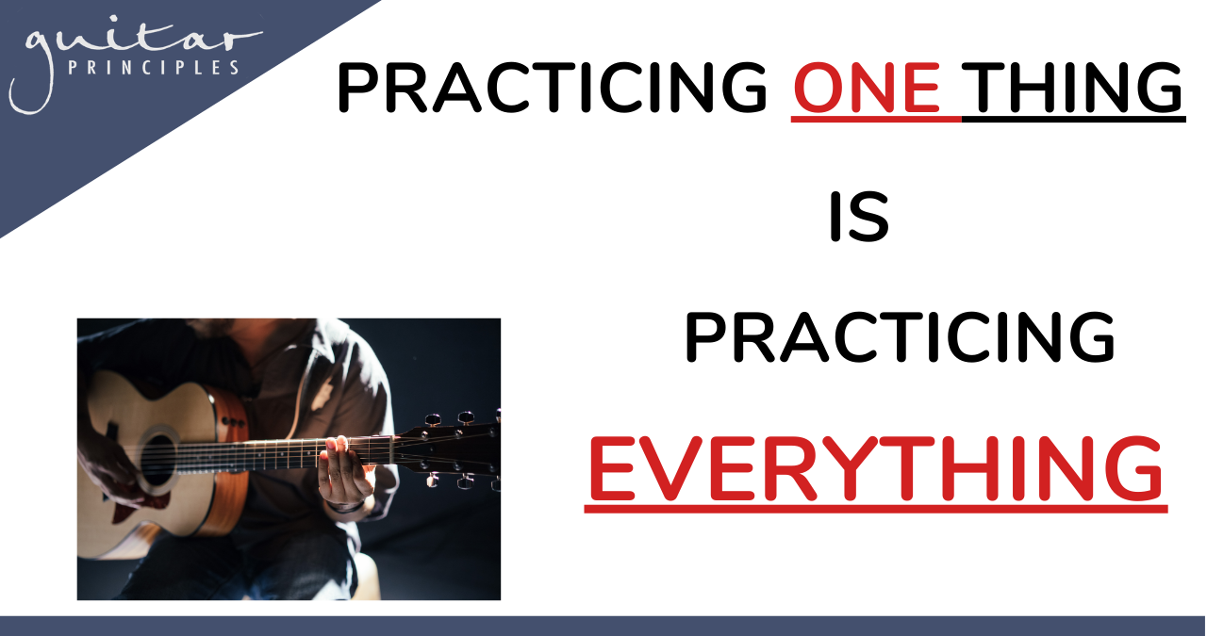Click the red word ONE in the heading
pos(867,88)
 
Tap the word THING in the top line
pos(1072,88)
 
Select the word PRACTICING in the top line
pos(553,88)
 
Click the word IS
pos(859,217)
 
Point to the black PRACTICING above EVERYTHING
pos(900,337)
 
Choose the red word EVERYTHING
pos(876,468)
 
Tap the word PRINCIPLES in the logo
pos(154,68)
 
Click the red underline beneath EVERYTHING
pos(876,509)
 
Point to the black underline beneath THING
pos(1073,119)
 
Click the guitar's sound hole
pos(157,460)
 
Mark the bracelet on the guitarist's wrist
pos(345,507)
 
